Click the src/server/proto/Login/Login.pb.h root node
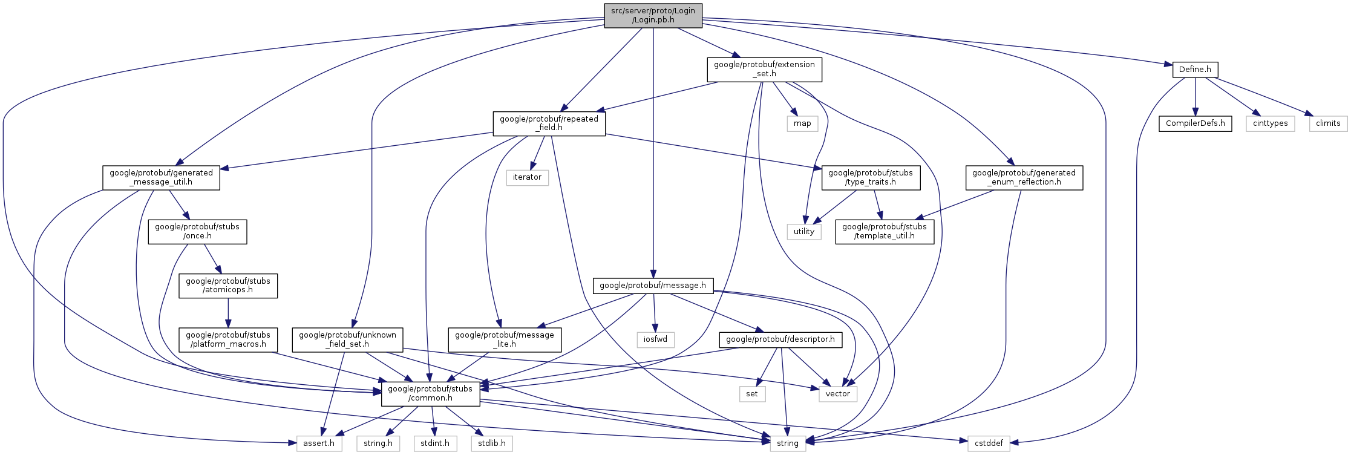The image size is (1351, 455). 653,15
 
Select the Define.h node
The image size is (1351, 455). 1195,70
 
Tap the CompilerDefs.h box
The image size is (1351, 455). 1195,123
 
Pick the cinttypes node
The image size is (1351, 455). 1270,123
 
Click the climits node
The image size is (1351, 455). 1328,123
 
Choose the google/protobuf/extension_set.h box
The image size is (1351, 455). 764,70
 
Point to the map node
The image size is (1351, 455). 802,123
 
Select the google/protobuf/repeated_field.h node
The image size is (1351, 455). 549,123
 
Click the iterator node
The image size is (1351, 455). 527,177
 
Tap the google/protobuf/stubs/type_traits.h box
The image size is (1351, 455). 871,177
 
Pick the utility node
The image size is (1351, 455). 804,232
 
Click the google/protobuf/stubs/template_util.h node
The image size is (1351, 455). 884,232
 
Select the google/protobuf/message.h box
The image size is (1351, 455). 653,286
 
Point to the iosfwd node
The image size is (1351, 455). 655,339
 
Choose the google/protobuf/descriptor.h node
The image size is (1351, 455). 780,339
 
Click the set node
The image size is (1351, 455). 752,394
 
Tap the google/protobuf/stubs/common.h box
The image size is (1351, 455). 430,394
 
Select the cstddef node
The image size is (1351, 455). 989,444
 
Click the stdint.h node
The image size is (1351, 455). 435,444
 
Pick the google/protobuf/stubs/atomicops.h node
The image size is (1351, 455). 228,286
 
